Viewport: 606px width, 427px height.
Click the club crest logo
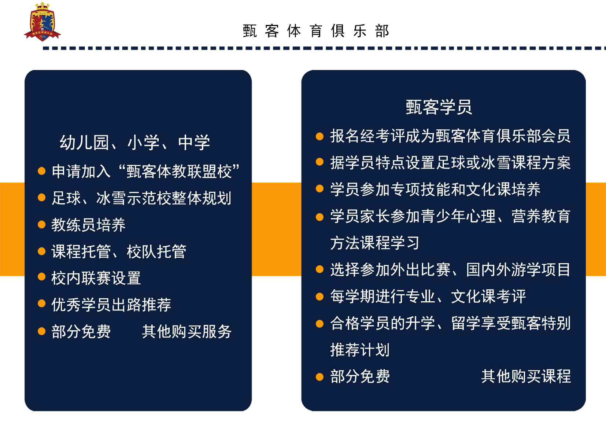42,22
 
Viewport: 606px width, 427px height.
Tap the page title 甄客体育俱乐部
316,31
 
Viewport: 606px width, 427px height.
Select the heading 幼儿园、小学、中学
135,143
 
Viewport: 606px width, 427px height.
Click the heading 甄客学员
439,107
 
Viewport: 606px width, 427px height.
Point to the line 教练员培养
88,225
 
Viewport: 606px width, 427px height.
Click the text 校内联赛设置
96,278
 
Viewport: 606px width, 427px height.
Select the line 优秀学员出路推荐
111,305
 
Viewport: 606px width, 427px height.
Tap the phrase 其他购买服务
186,331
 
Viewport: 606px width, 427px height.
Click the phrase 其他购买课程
526,376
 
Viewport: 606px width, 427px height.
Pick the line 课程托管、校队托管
119,251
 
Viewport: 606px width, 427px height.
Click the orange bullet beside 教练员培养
42,225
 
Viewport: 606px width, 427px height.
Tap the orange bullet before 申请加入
42,171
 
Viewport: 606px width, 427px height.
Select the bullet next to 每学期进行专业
320,297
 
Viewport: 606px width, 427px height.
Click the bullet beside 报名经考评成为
320,136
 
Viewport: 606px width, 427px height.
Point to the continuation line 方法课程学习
375,243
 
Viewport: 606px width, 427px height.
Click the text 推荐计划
360,350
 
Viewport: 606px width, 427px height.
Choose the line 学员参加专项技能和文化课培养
435,189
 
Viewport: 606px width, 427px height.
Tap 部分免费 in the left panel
81,331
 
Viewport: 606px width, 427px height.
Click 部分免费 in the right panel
360,376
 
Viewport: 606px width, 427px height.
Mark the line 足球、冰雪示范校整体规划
141,198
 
